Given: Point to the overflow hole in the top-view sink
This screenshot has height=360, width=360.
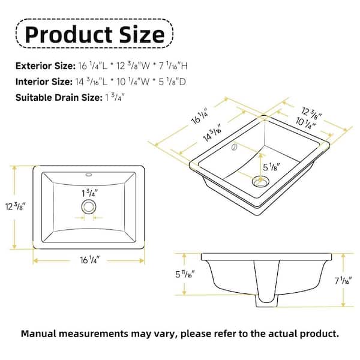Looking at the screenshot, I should (x=89, y=176).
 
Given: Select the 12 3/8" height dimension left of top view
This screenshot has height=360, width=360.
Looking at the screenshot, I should (x=19, y=207).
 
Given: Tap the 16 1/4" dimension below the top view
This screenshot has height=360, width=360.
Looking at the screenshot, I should (x=89, y=259).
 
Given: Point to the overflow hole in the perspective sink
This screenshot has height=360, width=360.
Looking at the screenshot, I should (x=235, y=146).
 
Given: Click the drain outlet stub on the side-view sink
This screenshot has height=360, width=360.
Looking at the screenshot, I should (x=266, y=302).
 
